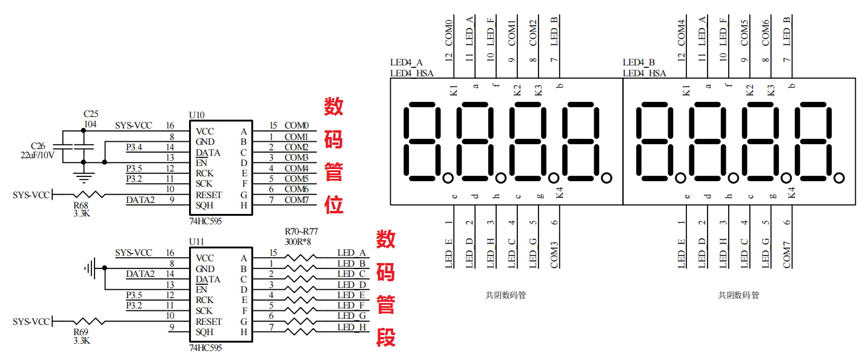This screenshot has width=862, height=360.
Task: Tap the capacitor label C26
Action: click(x=38, y=145)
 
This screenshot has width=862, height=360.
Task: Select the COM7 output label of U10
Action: click(x=296, y=200)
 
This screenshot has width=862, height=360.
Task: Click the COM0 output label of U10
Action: click(x=296, y=125)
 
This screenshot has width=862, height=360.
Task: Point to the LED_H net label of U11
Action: click(x=352, y=327)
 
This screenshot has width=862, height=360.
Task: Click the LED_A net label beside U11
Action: click(x=352, y=253)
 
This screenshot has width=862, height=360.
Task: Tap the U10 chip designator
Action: click(x=196, y=115)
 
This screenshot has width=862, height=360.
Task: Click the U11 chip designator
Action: click(x=196, y=241)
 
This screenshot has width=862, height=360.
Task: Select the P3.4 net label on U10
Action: click(x=134, y=147)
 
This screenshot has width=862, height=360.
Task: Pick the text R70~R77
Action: click(x=301, y=232)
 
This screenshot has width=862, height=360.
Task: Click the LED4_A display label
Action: click(x=406, y=62)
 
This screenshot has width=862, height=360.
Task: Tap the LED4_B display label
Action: click(x=639, y=62)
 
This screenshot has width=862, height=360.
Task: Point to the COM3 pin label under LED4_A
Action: click(x=554, y=255)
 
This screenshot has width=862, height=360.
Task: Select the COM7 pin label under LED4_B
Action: click(x=787, y=255)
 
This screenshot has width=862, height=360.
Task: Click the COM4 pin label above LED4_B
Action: click(x=681, y=33)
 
